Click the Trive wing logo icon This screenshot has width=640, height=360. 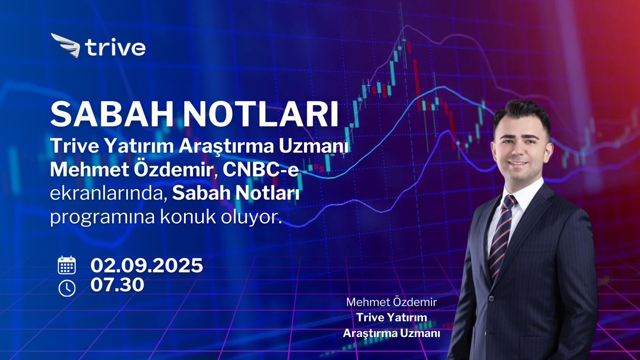coord(65,45)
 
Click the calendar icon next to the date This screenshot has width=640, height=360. coord(67,265)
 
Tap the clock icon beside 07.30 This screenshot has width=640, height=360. coord(67,287)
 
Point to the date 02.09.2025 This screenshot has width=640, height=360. coord(147,265)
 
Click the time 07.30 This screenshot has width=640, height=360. coord(117,285)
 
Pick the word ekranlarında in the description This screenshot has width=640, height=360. coord(106,195)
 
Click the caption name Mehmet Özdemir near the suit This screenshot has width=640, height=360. coord(391,302)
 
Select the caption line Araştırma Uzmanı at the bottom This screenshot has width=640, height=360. coord(391,333)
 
